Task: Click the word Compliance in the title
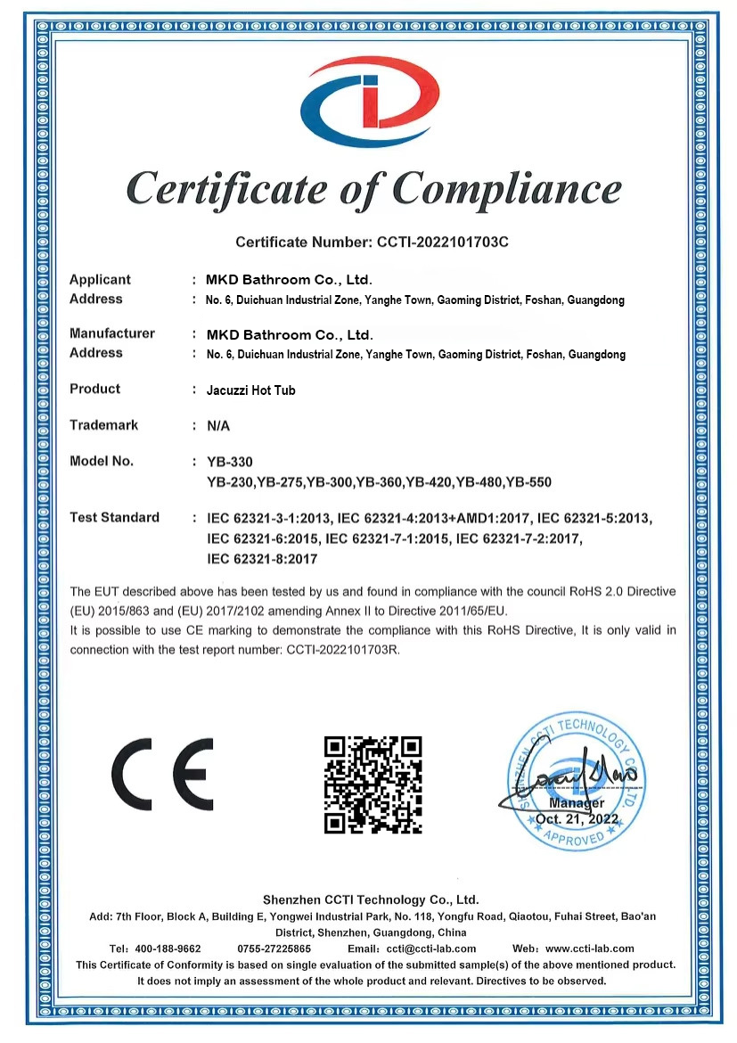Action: point(506,189)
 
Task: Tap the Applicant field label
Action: point(100,280)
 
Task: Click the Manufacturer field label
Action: point(112,333)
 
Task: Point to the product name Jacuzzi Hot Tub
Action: point(250,390)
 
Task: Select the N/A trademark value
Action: point(218,426)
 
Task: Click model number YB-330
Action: point(230,462)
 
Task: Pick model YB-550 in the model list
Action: point(528,482)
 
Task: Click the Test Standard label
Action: point(114,517)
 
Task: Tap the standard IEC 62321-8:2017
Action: point(262,559)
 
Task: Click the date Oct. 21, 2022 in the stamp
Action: point(577,818)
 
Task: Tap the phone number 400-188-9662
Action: point(168,949)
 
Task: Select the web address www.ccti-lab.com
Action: point(589,949)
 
